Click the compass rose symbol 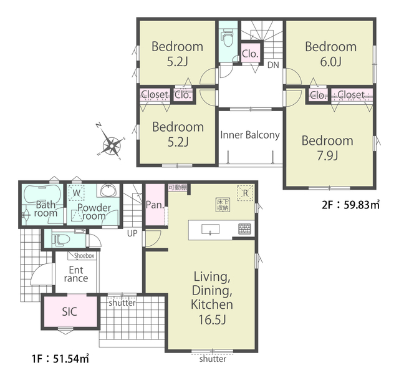(112, 145)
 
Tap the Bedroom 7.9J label (327, 149)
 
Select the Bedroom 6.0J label (330, 54)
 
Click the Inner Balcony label (250, 135)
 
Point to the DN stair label (273, 65)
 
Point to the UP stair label (132, 233)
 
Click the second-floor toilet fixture (228, 37)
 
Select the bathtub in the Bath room (42, 195)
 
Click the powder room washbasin (108, 190)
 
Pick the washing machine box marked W (76, 193)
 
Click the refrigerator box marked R (245, 193)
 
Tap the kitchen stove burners (244, 228)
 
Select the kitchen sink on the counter (211, 229)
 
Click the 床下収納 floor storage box (223, 205)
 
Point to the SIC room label (69, 311)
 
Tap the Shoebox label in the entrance (84, 255)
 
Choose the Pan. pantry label (155, 205)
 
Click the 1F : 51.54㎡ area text (60, 359)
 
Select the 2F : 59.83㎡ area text (350, 205)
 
